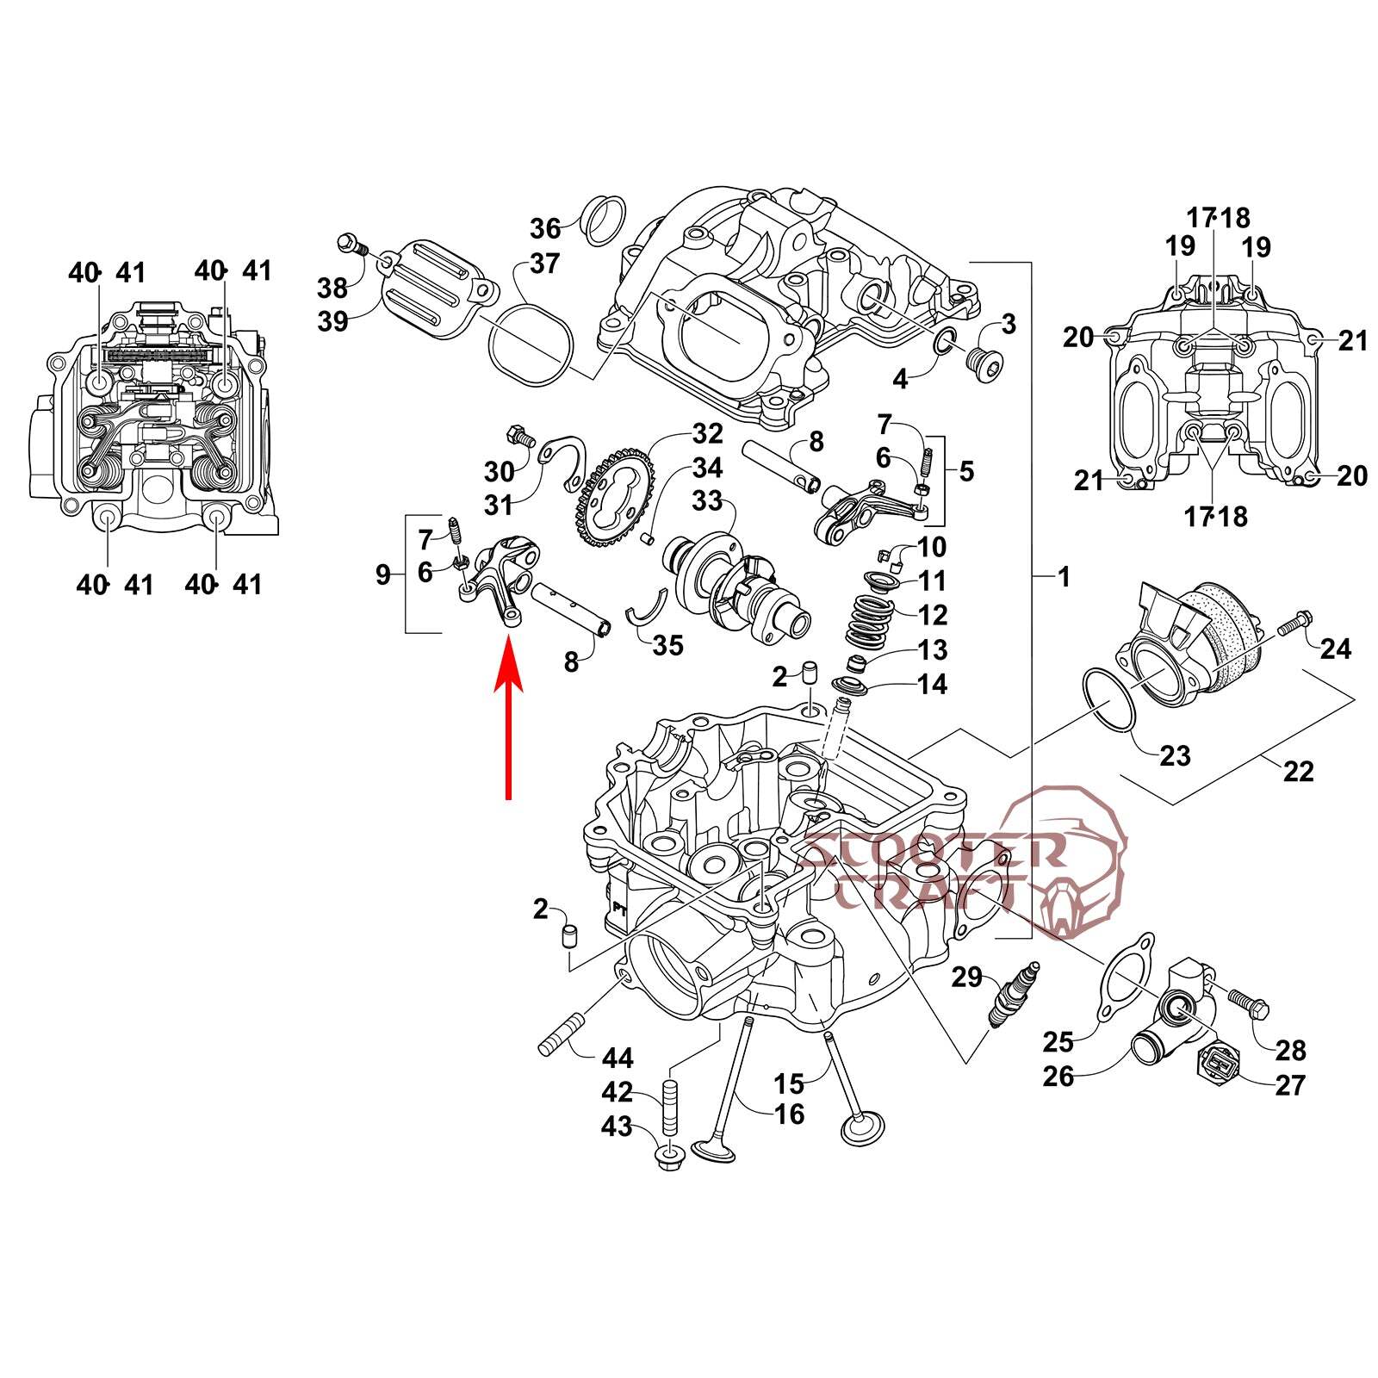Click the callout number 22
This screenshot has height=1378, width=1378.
[1298, 771]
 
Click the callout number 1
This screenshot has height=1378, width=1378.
[1065, 577]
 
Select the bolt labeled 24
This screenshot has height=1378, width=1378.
[1292, 622]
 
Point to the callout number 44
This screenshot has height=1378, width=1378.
[618, 1057]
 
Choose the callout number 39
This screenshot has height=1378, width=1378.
[332, 321]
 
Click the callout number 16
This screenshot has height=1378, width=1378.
[789, 1114]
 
